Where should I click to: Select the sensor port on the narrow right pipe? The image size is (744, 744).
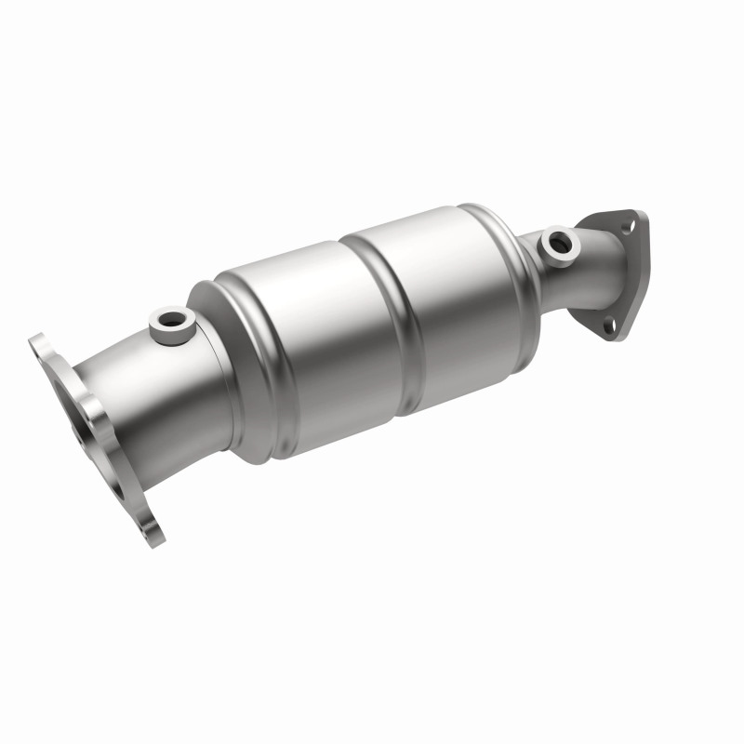coord(559,243)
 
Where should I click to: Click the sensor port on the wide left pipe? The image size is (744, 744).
coord(173,322)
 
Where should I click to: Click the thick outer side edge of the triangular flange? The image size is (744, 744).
coord(636,279)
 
